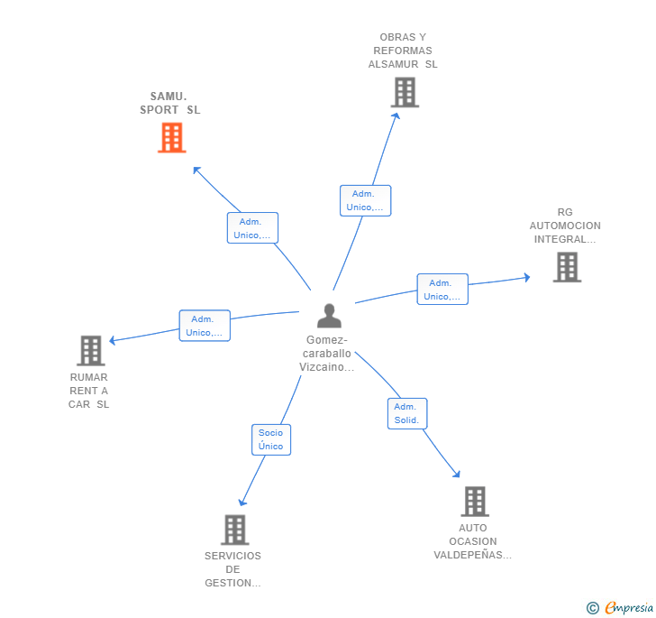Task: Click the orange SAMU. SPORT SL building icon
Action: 171,138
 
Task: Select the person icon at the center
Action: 329,316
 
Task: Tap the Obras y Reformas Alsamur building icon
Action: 405,92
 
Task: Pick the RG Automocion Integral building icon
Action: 566,267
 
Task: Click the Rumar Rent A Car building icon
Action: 90,351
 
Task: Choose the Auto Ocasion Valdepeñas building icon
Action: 474,502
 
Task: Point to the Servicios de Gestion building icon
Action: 234,530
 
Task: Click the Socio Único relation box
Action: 270,439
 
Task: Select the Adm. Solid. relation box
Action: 406,413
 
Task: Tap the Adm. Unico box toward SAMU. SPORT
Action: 251,228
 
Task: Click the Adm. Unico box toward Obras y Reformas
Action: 365,200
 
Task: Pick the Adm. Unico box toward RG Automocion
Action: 442,290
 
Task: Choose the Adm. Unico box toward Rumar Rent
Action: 205,326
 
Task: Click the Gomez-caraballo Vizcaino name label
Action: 326,354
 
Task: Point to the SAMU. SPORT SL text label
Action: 170,103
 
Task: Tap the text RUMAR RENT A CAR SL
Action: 88,391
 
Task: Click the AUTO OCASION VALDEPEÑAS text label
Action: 472,541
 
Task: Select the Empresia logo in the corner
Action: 621,607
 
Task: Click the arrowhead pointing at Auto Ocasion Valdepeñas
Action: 457,474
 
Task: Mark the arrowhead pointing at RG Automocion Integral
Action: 527,278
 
